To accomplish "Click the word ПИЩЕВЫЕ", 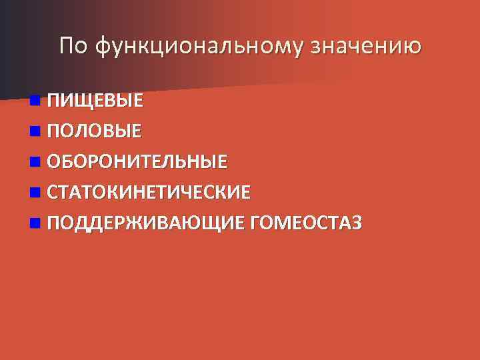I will pos(95,101).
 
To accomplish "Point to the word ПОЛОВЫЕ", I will pos(94,131).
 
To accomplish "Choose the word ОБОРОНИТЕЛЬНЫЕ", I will pos(137,162).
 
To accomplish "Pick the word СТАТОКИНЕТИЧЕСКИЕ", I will pos(149,193).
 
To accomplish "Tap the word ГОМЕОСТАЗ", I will pos(306,223).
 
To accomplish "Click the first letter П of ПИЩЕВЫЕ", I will pos(53,101).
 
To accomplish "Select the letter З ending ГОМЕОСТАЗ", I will pos(357,223).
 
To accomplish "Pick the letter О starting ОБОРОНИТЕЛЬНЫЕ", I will pos(53,162).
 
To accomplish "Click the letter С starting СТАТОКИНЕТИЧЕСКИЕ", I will pos(52,193).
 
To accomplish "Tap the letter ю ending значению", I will pos(414,46).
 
